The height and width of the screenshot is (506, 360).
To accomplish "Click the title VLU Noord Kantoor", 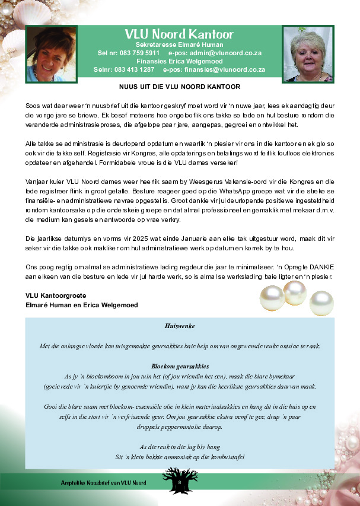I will pyautogui.click(x=179, y=34).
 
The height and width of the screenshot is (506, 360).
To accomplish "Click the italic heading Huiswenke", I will pyautogui.click(x=180, y=326).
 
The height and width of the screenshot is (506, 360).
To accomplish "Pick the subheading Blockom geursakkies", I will pyautogui.click(x=180, y=366).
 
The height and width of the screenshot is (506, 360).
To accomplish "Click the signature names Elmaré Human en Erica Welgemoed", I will pyautogui.click(x=82, y=305).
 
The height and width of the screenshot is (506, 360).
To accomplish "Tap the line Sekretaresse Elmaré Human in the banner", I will pyautogui.click(x=179, y=44).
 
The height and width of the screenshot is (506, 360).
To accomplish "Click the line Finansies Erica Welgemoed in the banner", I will pyautogui.click(x=179, y=61).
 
